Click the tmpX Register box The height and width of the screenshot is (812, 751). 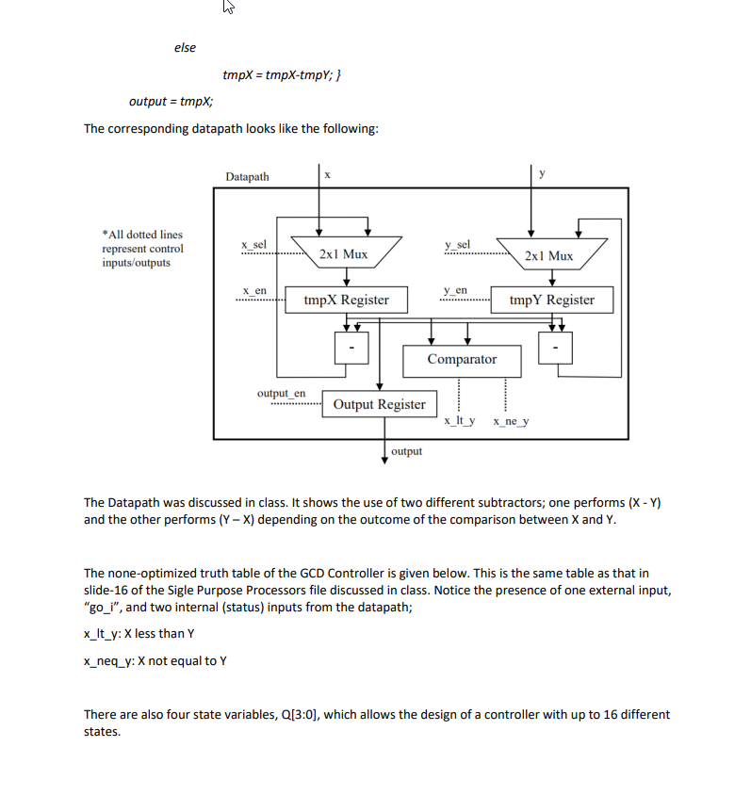(x=346, y=300)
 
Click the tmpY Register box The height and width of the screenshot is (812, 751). (x=551, y=300)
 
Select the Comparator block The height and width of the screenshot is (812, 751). (x=461, y=359)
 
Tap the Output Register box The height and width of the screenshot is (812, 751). (x=379, y=404)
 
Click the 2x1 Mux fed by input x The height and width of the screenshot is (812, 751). (x=343, y=253)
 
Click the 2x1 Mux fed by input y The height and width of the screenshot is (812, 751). (x=548, y=254)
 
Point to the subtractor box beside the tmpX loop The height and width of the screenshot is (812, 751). (x=351, y=349)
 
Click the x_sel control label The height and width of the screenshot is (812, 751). (x=253, y=244)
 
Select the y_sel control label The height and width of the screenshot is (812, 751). (x=458, y=244)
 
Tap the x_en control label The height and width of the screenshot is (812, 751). (x=253, y=290)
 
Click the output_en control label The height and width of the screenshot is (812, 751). (x=281, y=393)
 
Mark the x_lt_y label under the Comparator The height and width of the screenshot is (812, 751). (x=459, y=422)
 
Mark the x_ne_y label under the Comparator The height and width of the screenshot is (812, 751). (x=511, y=422)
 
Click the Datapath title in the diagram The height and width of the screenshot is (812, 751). (x=247, y=176)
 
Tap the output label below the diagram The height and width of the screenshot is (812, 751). (x=406, y=451)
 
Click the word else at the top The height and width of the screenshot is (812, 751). (x=185, y=48)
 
